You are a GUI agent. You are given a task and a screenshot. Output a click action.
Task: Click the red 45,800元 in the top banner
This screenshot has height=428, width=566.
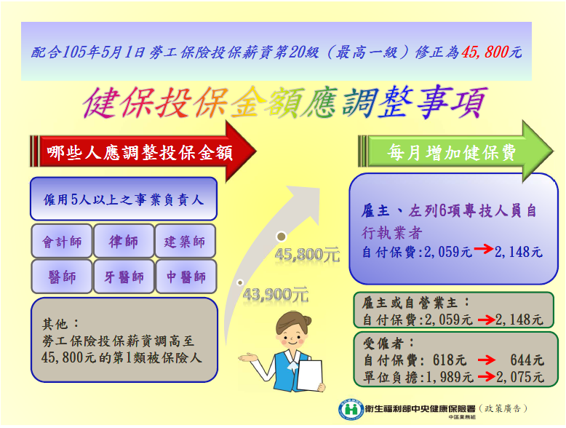coord(492,52)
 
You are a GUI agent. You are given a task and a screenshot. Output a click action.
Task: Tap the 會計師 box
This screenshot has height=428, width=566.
coord(62,241)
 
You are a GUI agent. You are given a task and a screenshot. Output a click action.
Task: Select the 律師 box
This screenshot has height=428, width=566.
coord(124,241)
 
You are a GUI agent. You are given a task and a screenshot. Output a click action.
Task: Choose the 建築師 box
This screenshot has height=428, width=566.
coord(186,241)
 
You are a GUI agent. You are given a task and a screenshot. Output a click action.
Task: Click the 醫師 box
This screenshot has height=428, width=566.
coord(62,277)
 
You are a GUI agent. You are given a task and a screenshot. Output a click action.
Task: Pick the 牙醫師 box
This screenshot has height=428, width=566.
coord(124,277)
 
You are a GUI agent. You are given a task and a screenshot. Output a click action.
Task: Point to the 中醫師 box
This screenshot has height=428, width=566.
coord(186,277)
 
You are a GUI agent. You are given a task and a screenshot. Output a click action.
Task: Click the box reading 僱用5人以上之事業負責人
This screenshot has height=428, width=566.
coord(124,199)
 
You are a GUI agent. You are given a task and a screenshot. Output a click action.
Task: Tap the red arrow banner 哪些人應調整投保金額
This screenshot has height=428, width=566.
coord(143,151)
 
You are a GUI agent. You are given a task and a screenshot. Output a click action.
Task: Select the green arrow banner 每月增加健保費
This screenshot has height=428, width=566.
coord(455,151)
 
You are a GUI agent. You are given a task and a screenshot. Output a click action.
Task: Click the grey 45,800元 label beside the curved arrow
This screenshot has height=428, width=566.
coord(307,255)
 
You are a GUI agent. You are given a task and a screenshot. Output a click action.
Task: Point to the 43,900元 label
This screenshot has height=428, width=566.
coord(276,295)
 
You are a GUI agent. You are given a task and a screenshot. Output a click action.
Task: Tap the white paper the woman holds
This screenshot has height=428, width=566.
coord(310,375)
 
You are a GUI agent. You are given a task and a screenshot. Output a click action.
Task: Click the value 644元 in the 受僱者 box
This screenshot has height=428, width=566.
coord(527,360)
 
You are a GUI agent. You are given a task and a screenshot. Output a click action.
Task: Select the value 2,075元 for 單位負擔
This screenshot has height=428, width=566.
coord(519,377)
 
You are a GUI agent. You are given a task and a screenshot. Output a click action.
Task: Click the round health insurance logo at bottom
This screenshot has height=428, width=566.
coord(351,410)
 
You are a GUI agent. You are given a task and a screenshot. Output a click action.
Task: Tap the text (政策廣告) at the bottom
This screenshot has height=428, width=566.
coord(503,408)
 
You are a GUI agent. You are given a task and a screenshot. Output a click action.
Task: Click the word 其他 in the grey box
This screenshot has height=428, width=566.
coord(55,324)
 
